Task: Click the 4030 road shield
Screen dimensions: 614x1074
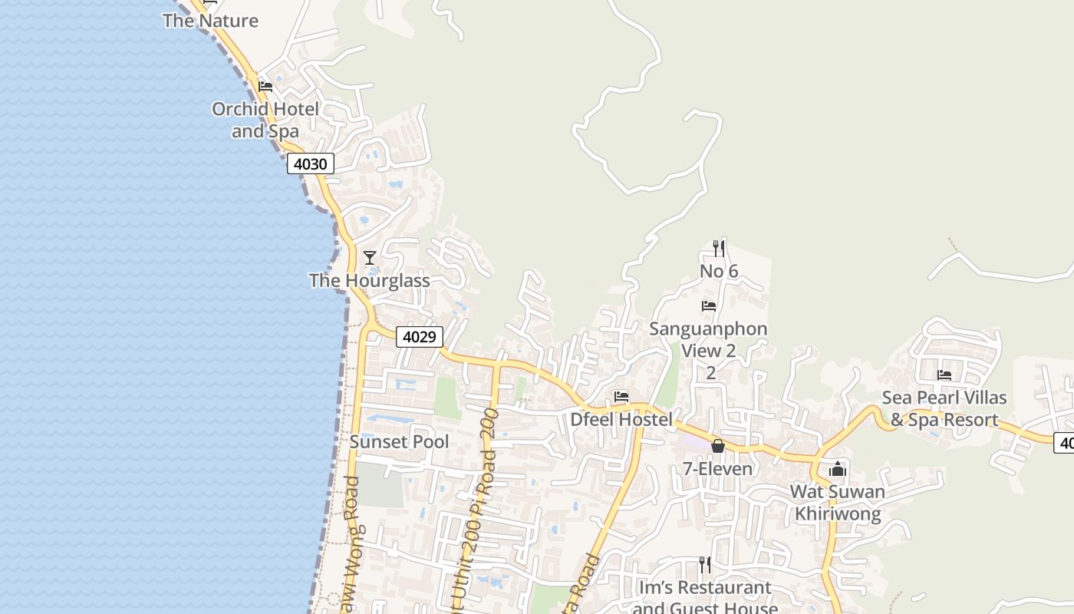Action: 311,163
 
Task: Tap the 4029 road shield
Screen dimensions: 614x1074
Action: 420,336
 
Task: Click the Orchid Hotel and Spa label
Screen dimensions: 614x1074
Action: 265,120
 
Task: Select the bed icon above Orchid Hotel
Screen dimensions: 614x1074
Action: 265,86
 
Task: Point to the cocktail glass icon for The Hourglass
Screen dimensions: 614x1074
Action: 370,258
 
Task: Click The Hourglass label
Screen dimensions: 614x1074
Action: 369,280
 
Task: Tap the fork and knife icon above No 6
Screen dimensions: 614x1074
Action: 719,248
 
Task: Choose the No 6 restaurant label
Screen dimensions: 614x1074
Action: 719,271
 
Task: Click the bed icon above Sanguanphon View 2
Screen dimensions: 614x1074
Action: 709,305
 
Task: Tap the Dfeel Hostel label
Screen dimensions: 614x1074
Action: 621,419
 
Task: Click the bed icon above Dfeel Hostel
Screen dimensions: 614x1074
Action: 621,397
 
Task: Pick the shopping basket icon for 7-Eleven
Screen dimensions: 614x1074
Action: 718,446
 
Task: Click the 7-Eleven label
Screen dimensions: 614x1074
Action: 718,468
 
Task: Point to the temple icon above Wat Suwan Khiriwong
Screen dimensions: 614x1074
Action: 838,468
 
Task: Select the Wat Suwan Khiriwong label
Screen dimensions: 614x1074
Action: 838,503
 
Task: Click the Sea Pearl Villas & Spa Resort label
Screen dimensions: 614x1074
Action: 944,409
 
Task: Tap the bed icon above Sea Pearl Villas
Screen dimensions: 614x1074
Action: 944,375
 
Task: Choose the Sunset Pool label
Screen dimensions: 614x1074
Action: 399,442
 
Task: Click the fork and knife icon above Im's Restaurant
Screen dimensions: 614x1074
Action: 705,565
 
